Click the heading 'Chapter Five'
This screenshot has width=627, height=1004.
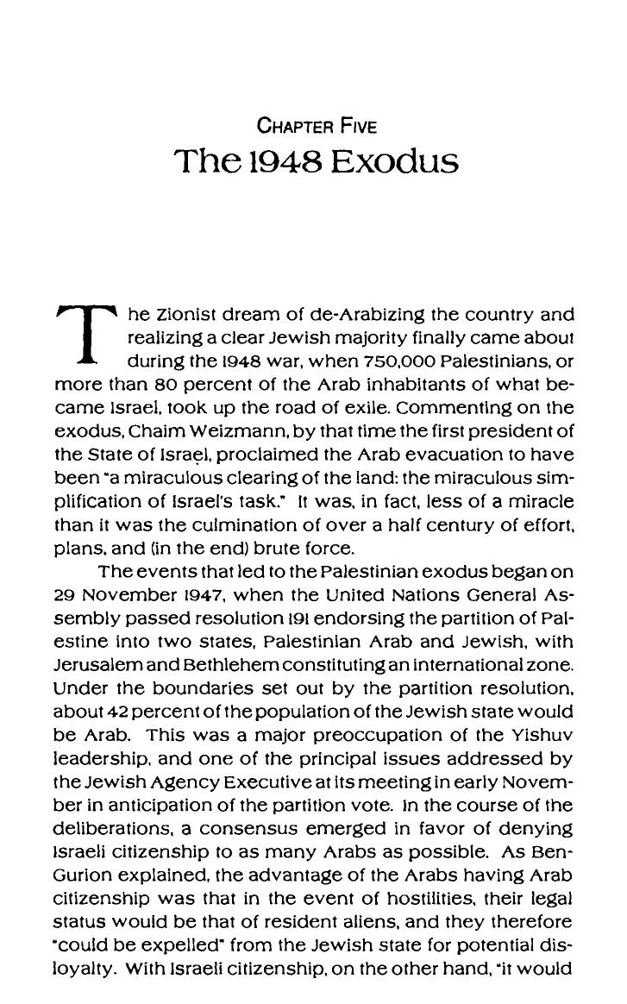point(317,126)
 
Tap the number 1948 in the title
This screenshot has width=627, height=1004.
point(282,161)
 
